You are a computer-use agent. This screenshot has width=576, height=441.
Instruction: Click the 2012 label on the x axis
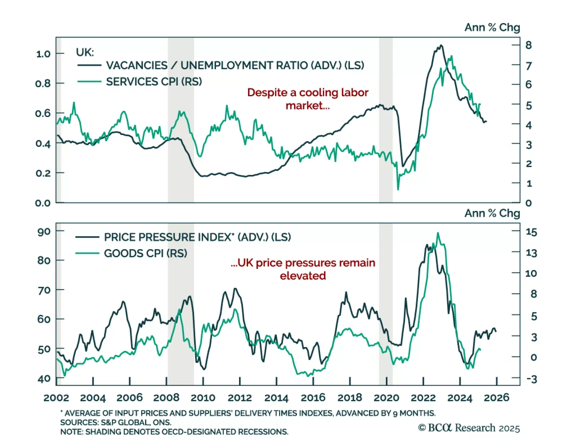click(x=239, y=398)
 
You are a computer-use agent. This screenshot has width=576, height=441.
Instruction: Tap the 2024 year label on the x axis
click(x=460, y=398)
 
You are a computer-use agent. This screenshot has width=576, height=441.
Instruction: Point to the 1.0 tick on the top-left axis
click(x=43, y=54)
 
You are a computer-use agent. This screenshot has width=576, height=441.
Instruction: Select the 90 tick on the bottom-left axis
click(x=44, y=231)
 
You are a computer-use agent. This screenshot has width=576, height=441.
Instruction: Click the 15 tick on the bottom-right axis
click(x=531, y=232)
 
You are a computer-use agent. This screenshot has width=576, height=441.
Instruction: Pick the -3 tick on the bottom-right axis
click(x=531, y=379)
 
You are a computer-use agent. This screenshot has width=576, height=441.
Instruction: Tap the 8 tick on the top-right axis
click(x=528, y=45)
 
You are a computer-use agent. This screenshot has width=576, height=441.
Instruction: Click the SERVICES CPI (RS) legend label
click(x=154, y=82)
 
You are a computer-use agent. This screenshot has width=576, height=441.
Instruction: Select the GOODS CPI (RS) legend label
click(x=145, y=253)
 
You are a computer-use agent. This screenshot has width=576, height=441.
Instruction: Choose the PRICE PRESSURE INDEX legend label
click(x=197, y=237)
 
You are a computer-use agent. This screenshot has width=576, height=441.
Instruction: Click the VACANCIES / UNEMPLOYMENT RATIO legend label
click(x=235, y=66)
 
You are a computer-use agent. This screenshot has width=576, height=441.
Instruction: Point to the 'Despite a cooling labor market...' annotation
click(x=308, y=99)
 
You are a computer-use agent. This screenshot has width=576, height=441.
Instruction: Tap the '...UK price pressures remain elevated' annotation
click(x=303, y=269)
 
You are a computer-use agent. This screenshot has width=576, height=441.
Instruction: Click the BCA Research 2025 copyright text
click(x=469, y=428)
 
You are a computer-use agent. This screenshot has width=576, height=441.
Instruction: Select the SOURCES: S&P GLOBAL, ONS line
click(x=116, y=422)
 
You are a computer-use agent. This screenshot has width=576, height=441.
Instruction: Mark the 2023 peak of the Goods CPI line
click(x=438, y=233)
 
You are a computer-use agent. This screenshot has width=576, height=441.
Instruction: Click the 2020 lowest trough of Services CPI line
click(x=398, y=189)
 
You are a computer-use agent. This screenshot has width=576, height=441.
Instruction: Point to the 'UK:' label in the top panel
click(x=85, y=53)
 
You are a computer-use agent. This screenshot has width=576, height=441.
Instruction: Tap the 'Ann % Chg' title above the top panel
click(x=492, y=27)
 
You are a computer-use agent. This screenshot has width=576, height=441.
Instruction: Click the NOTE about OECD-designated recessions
click(x=174, y=432)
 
